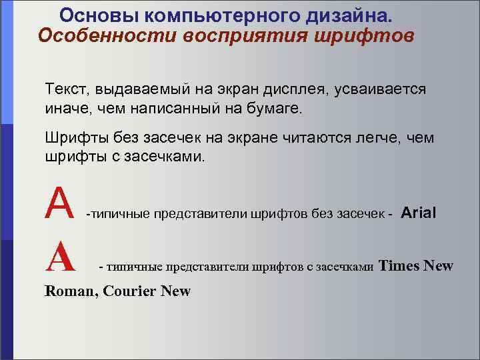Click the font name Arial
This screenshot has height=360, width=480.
tap(419, 213)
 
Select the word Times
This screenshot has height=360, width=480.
tap(399, 266)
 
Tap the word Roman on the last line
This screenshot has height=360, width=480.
tap(69, 291)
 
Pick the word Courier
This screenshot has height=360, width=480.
tap(129, 291)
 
